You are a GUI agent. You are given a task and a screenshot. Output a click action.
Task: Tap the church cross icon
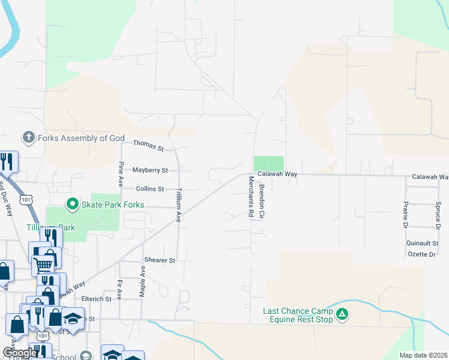click(28, 138)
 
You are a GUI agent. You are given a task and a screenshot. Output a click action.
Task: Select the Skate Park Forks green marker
click(73, 205)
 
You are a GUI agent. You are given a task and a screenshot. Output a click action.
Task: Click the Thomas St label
click(148, 145)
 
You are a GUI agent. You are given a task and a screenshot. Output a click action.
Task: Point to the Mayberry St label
click(150, 170)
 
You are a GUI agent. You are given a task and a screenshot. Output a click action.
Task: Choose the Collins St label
click(150, 189)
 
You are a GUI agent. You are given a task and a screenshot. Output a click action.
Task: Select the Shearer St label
click(160, 260)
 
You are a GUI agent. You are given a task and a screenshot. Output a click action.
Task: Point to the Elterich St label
click(100, 299)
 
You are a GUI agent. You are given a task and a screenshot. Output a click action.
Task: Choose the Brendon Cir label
click(262, 200)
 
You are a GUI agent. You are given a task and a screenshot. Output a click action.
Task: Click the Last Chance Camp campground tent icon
click(342, 314)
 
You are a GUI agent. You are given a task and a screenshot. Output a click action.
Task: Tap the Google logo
click(20, 353)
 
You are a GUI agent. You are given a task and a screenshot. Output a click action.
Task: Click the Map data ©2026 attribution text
click(423, 355)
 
